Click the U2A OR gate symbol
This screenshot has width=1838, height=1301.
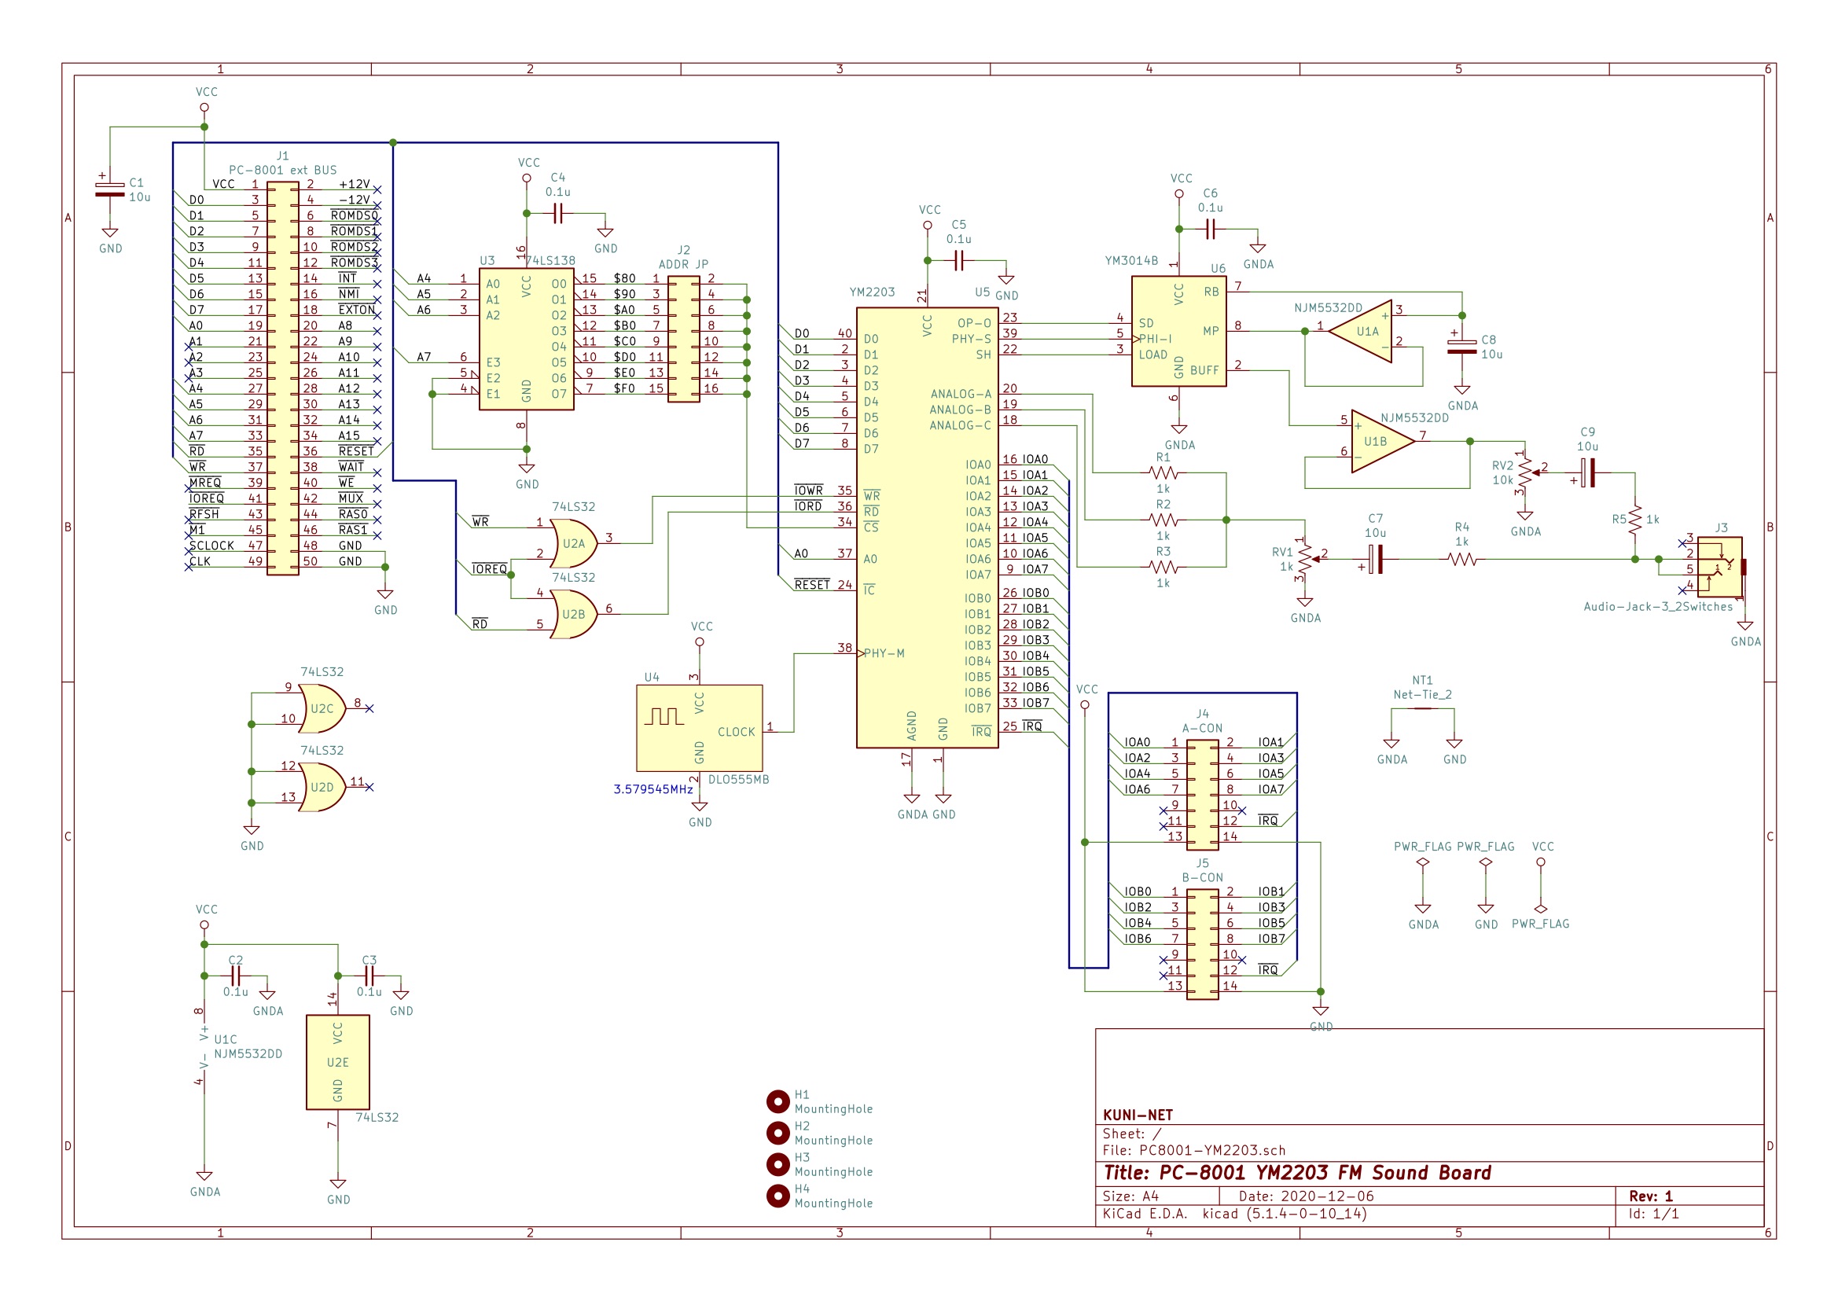coord(574,544)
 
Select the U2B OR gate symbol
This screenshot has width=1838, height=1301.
coord(574,615)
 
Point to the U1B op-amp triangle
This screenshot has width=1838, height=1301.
coord(1384,442)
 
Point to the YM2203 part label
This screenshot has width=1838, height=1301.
coord(873,292)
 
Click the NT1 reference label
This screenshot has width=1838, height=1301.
coord(1422,680)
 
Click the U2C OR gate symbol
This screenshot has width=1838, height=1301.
coord(322,709)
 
